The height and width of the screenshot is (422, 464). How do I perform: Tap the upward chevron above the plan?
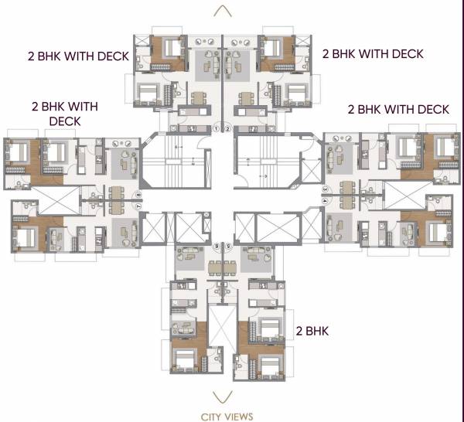point(223,11)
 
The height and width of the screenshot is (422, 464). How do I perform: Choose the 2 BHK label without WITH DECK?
point(313,331)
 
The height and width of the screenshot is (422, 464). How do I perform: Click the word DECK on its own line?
point(65,121)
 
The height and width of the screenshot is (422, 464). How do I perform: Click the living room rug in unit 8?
point(122,163)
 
